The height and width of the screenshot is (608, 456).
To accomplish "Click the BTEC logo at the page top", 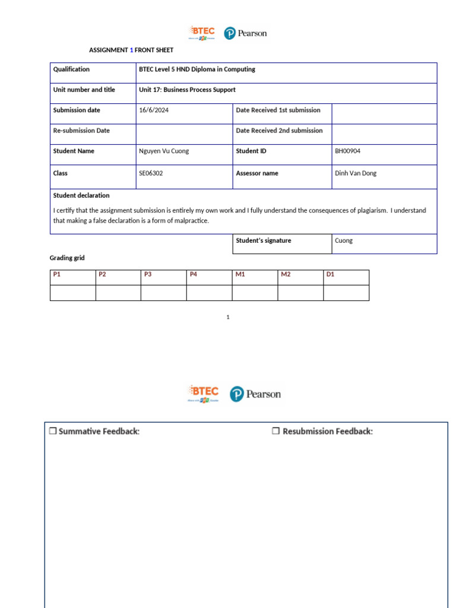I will pos(202,33).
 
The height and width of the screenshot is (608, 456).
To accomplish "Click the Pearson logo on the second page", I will pos(255,394).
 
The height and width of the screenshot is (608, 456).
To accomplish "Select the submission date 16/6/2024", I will pos(154,110).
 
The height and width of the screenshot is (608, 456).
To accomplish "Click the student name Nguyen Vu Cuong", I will pos(164,151).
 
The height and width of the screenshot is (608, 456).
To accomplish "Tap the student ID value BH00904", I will pos(348,151).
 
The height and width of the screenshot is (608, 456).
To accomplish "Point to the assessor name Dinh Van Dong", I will pos(356,173).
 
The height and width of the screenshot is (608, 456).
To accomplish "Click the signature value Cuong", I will pos(344,241).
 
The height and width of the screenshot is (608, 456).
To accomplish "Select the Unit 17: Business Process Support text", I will pos(187,90).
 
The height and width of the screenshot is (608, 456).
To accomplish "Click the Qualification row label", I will pos(71,69).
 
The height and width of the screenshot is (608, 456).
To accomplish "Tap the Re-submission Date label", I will pos(81,131).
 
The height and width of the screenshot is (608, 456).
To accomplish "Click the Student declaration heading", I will pos(81,195).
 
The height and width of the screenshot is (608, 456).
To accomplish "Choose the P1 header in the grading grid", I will pos(57,274).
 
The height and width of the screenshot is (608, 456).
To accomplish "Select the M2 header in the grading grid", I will pos(286,274).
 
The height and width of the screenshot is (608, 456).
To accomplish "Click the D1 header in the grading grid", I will pos(331,274).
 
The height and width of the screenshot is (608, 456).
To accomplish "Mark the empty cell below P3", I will pos(163,293).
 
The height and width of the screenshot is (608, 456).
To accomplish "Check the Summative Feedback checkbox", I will pos(52,432).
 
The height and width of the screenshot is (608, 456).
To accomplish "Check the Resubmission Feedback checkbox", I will pos(275,432).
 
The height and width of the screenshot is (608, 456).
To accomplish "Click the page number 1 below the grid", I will pos(228,318).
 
